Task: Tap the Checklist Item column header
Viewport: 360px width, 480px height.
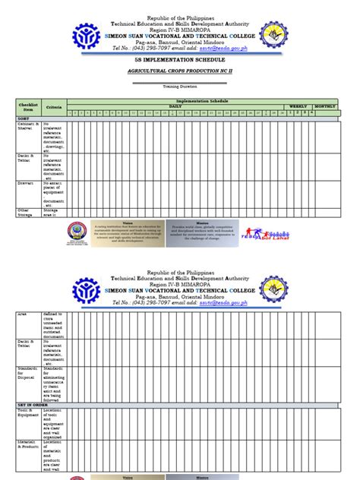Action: [x=27, y=107]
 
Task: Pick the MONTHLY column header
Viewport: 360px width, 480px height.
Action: [x=324, y=106]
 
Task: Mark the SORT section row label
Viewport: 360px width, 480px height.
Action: [x=24, y=118]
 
